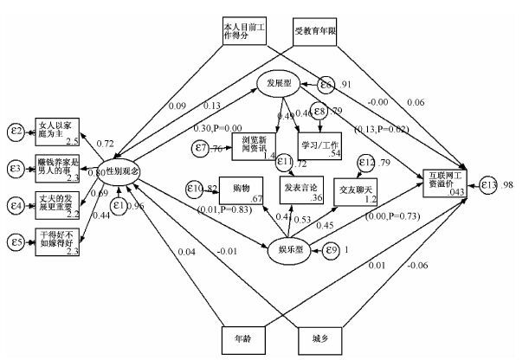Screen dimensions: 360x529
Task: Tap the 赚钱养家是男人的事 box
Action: pyautogui.click(x=59, y=168)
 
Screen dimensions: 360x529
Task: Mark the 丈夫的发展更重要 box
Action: pyautogui.click(x=59, y=205)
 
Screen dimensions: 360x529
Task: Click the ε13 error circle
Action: pyautogui.click(x=490, y=185)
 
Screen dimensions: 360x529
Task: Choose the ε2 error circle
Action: pyautogui.click(x=14, y=131)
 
